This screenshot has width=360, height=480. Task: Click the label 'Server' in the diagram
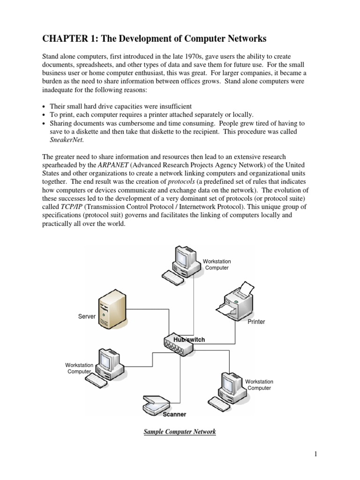(x=87, y=316)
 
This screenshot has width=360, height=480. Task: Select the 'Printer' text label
(x=256, y=322)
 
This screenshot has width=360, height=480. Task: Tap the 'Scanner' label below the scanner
(x=174, y=414)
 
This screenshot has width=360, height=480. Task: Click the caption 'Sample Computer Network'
(x=180, y=432)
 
